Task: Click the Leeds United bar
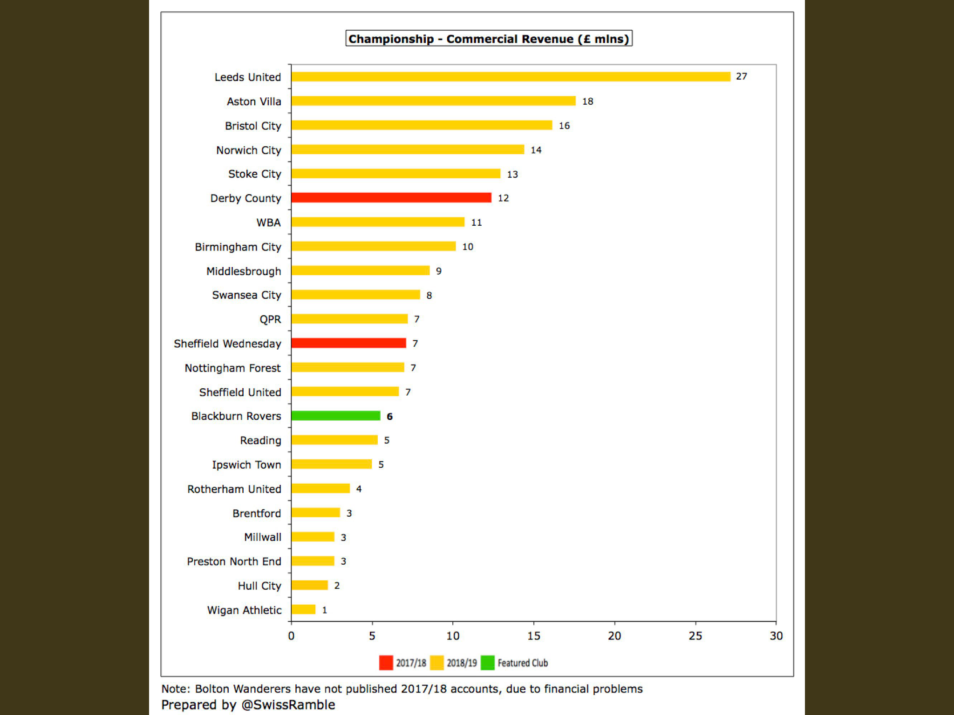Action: (x=511, y=77)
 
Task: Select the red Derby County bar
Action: (x=391, y=198)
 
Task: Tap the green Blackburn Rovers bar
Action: (x=336, y=416)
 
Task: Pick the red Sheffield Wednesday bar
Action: (x=348, y=343)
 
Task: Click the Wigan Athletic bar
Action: (x=303, y=609)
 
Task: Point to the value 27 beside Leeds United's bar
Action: (x=741, y=76)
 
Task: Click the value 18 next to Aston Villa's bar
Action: (x=587, y=101)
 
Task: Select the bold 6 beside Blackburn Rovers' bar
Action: (x=389, y=417)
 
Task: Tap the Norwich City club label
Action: (x=249, y=150)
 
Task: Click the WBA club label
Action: (x=269, y=223)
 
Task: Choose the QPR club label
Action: (x=270, y=319)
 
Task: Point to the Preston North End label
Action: (x=234, y=561)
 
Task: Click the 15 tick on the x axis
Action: (x=533, y=636)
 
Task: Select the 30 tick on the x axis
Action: (x=776, y=636)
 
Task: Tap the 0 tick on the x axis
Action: (x=291, y=636)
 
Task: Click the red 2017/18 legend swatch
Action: (x=386, y=662)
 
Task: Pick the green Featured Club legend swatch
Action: (x=487, y=662)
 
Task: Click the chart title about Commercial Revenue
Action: (x=489, y=39)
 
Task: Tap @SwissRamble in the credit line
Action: (x=288, y=705)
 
